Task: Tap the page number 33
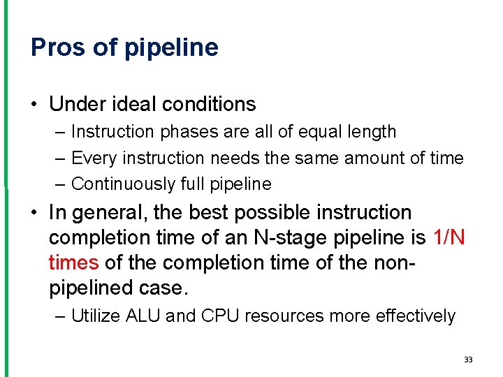click(x=468, y=360)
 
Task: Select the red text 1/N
click(x=449, y=238)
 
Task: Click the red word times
click(x=74, y=263)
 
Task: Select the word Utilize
click(x=96, y=316)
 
